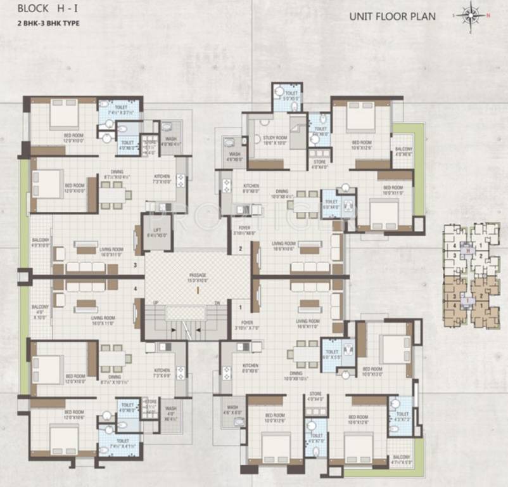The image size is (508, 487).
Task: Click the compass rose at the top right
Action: point(471,15)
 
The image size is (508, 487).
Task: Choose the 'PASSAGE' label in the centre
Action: point(198,274)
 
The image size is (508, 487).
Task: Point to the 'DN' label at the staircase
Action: point(217,302)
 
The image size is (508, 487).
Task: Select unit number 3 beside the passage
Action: point(135,264)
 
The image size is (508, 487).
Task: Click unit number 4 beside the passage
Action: point(135,289)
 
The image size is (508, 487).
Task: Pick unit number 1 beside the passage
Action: point(241,308)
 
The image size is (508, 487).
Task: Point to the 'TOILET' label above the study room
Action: point(291,93)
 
